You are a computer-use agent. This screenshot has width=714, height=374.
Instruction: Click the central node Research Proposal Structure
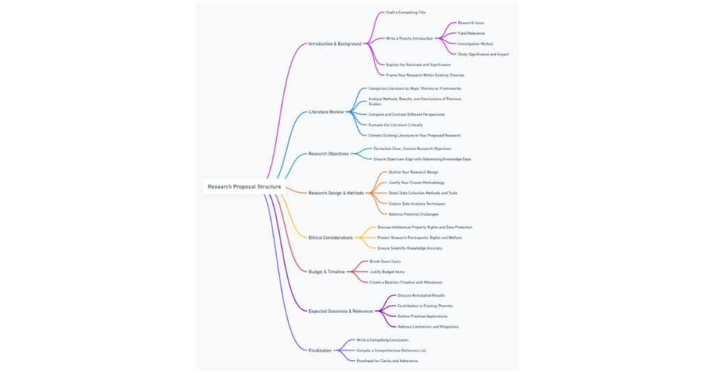click(244, 187)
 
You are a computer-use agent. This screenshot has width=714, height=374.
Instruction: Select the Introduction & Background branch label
click(335, 44)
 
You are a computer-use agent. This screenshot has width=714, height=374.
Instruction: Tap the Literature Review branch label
click(326, 112)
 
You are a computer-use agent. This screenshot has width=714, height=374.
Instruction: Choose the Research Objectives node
click(328, 154)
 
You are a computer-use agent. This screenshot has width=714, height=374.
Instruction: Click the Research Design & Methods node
click(336, 193)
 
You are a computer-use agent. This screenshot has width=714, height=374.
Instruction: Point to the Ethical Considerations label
click(331, 237)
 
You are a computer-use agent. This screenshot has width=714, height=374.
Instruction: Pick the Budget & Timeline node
click(326, 271)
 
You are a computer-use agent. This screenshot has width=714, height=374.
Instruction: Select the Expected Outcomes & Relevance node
click(340, 311)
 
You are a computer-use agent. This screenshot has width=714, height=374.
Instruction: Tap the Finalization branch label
click(320, 350)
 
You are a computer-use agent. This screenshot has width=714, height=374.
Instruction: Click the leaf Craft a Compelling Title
click(406, 13)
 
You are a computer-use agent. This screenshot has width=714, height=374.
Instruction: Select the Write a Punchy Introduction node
click(409, 38)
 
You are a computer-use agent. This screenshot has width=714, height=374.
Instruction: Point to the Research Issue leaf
click(471, 23)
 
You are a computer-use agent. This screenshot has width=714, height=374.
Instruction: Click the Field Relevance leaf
click(471, 33)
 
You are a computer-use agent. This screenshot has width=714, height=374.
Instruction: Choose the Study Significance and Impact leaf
click(483, 54)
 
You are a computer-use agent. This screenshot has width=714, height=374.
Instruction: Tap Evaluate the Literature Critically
click(395, 125)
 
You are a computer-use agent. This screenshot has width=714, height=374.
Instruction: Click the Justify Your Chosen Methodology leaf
click(416, 183)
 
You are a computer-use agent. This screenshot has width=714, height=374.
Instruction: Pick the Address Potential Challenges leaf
click(413, 214)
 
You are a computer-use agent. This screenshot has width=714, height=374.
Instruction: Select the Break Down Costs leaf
click(385, 262)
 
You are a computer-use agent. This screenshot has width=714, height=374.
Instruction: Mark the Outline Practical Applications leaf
click(423, 316)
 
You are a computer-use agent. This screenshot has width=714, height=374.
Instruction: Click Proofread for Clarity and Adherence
click(387, 361)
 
